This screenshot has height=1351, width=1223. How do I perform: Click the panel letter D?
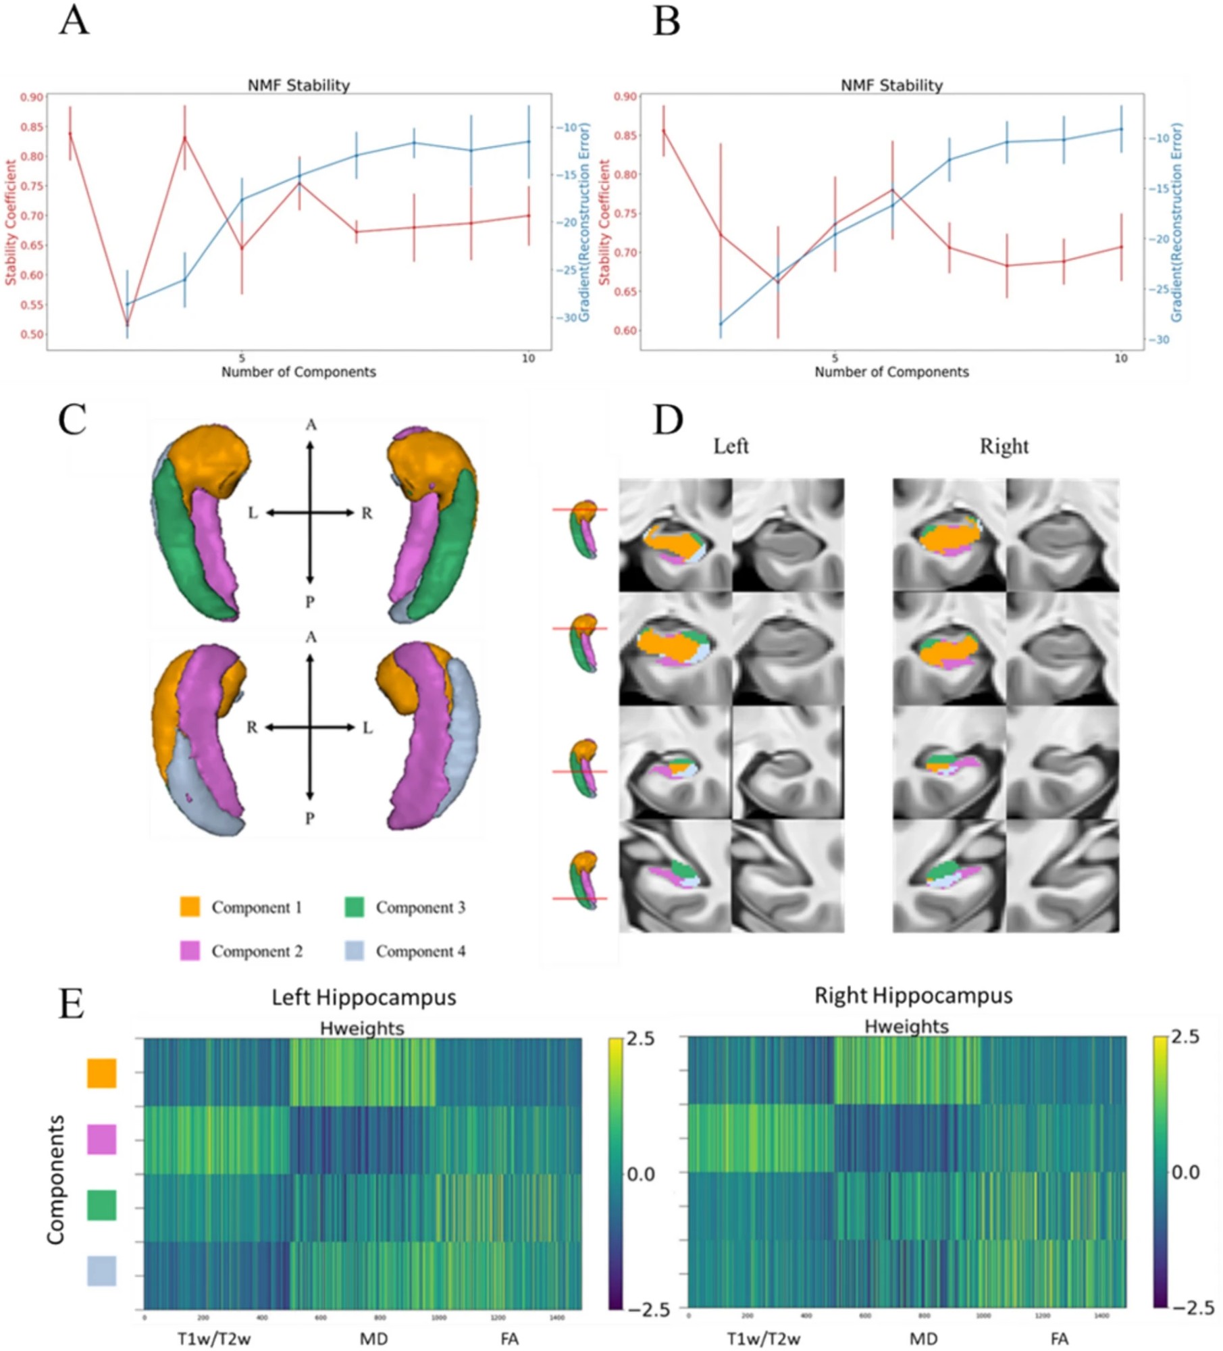[x=668, y=420]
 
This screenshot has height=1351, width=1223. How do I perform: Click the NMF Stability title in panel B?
[x=891, y=86]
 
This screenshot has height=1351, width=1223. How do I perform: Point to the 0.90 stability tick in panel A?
[x=31, y=97]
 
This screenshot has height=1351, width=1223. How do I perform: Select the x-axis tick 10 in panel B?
[x=1121, y=359]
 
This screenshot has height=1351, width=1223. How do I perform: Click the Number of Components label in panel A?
[x=298, y=372]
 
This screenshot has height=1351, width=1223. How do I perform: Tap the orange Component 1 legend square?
[x=190, y=907]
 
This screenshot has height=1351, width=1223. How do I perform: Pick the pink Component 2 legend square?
[x=190, y=951]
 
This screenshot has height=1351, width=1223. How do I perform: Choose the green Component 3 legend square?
[x=355, y=907]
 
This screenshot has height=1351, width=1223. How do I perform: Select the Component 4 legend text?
[x=420, y=951]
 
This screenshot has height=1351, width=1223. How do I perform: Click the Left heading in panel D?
[x=731, y=447]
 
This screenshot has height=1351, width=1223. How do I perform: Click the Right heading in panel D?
[x=1004, y=447]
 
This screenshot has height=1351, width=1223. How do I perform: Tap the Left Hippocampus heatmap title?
[x=364, y=998]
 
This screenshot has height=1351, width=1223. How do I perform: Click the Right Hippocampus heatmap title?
[x=913, y=996]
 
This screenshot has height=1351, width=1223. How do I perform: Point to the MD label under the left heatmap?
[x=373, y=1339]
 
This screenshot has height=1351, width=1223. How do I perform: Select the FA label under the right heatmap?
[x=1060, y=1339]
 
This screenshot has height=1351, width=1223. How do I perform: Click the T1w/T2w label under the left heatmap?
[x=214, y=1339]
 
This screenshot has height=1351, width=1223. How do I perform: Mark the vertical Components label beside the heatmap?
[x=55, y=1179]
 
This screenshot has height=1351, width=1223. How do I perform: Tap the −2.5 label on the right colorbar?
[x=1193, y=1308]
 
